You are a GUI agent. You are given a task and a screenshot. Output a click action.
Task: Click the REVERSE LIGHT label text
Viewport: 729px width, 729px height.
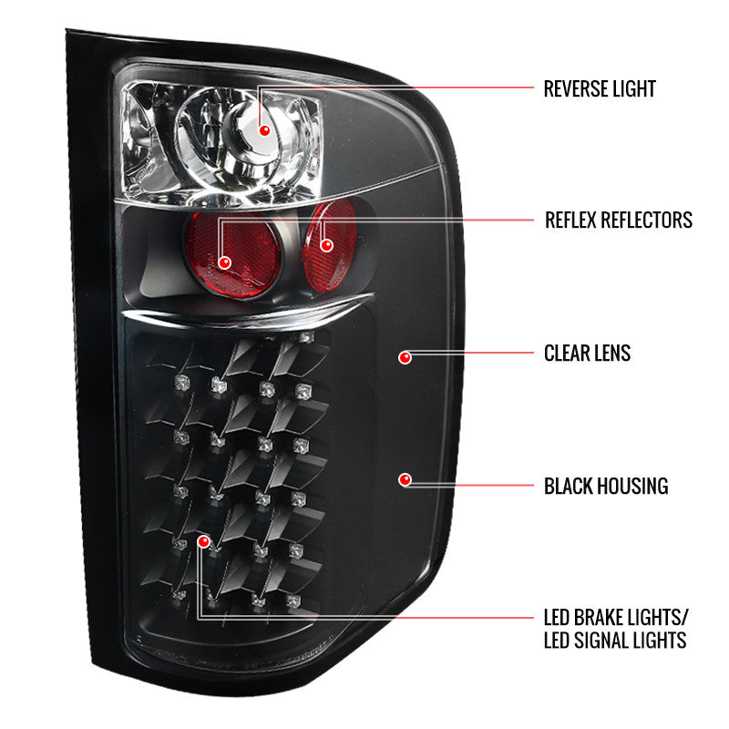(x=600, y=88)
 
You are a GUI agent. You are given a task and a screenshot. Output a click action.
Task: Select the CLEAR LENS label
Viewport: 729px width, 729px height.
(x=587, y=353)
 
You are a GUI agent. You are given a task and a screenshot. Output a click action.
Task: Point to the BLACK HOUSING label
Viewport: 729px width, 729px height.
(x=605, y=486)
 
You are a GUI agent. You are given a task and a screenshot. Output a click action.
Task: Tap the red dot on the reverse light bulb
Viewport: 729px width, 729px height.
(x=265, y=130)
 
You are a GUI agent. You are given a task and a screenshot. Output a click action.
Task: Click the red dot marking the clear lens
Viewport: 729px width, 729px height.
(x=406, y=358)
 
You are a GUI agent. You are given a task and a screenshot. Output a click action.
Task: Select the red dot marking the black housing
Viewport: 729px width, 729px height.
(x=406, y=479)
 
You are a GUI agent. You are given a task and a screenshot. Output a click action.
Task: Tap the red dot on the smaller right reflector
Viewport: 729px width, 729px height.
(x=326, y=244)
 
